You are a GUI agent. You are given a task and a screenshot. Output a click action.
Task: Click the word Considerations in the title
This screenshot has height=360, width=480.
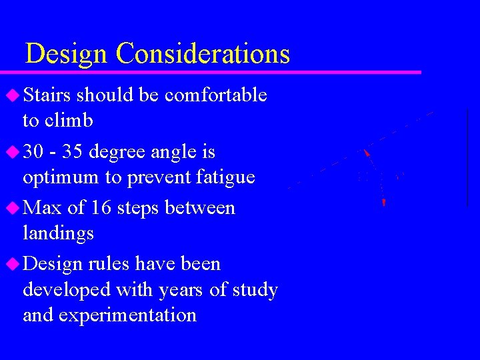coord(203,53)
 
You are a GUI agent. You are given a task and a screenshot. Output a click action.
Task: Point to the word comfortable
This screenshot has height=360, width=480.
coord(215,95)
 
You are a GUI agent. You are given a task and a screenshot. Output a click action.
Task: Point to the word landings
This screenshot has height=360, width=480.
coord(58,234)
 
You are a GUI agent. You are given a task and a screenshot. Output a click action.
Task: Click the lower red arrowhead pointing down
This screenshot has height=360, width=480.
coord(384,202)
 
